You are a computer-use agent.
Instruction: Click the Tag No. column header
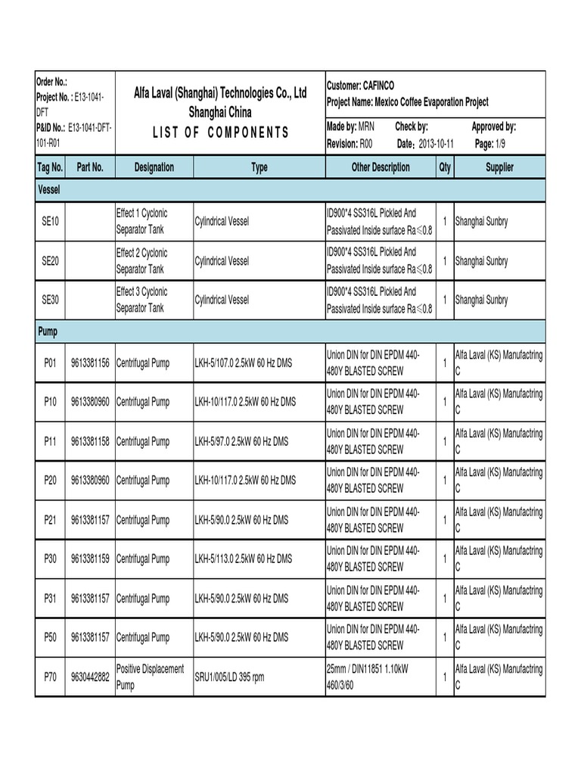point(51,167)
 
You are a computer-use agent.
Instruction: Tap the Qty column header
point(444,167)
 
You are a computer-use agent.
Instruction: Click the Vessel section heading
point(49,190)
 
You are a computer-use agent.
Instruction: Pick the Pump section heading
point(48,331)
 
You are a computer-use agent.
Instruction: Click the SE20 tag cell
point(51,261)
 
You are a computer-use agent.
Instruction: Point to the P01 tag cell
point(51,363)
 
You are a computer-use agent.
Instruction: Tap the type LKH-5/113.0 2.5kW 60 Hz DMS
point(243,559)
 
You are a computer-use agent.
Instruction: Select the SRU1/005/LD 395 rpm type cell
point(229,677)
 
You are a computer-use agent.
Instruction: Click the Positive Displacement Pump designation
point(150,677)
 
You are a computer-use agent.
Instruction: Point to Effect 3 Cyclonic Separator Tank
point(142,300)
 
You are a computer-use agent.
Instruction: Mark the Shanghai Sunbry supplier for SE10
point(481,222)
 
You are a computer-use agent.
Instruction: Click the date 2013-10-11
point(436,144)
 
